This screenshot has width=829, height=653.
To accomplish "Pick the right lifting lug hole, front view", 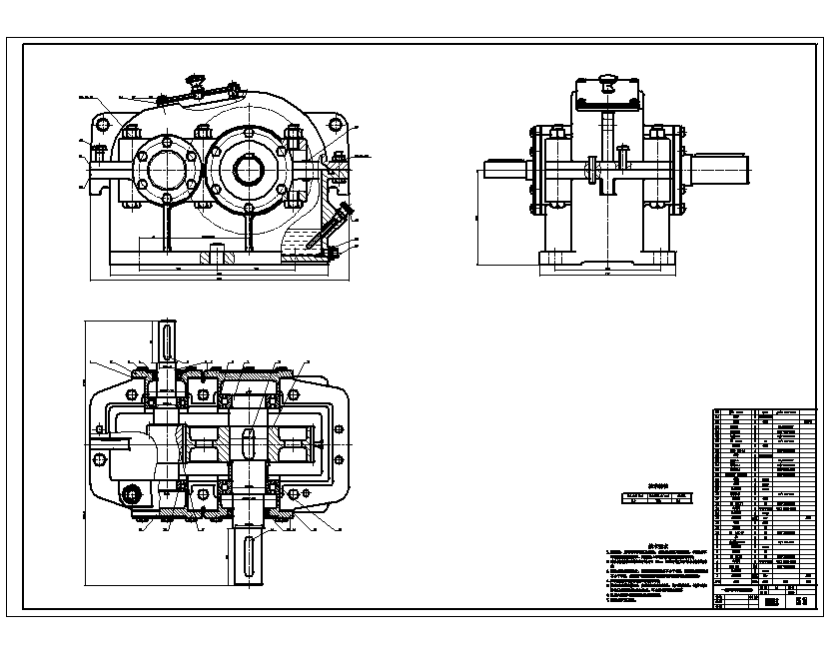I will coord(336,124).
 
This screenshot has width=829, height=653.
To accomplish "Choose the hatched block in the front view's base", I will coord(218,256).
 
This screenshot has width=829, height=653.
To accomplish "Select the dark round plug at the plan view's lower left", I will coord(131,494).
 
